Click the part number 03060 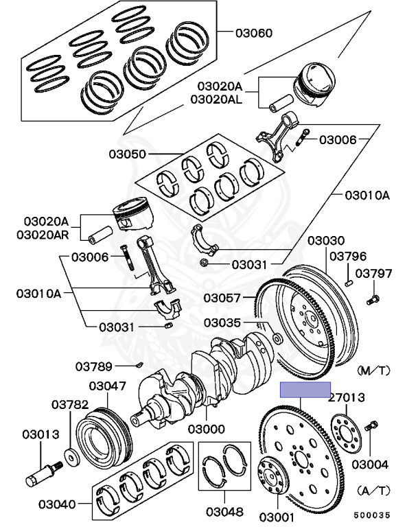coord(254,32)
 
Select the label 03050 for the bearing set coord(126,154)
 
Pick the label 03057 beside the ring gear coord(222,298)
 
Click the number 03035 coord(222,322)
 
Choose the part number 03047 coord(106,386)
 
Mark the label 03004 coord(371,464)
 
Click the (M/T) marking coord(375,371)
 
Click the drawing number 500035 coord(372,515)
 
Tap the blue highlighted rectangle coord(306,392)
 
